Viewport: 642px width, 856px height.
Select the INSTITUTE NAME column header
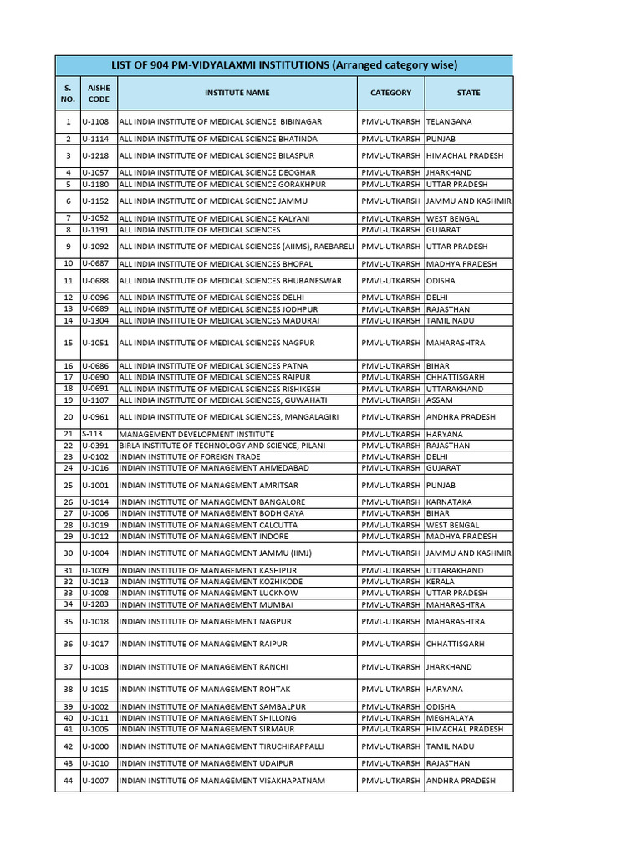click(x=237, y=93)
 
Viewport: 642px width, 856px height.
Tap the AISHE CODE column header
click(x=99, y=93)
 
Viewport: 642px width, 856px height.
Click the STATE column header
click(x=468, y=93)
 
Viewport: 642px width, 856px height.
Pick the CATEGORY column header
click(x=390, y=93)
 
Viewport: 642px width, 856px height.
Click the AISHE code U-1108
click(x=95, y=121)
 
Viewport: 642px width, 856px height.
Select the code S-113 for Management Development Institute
click(x=92, y=435)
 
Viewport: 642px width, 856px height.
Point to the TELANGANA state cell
click(x=449, y=121)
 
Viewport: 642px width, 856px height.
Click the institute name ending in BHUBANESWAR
click(x=230, y=281)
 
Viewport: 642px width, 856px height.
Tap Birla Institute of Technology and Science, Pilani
click(x=222, y=446)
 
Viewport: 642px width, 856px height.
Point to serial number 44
click(x=68, y=781)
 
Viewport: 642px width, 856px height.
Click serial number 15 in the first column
click(x=68, y=343)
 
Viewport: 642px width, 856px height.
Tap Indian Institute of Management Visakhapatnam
click(x=222, y=781)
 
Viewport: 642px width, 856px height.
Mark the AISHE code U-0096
click(x=95, y=298)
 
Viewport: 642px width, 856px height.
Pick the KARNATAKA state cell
click(x=449, y=502)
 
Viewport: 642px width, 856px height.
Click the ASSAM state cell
click(x=439, y=400)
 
